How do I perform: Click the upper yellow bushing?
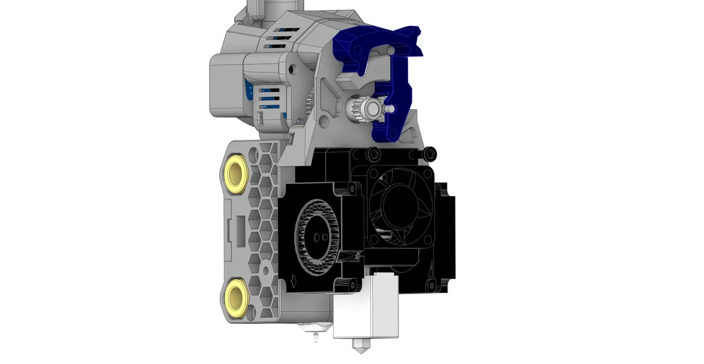pos(236,173)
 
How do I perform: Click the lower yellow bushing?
pos(236,295)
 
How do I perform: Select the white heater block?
pos(367,309)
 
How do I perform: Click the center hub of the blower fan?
pos(318,238)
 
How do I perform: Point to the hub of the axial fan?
pos(400,203)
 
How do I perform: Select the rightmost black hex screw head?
pos(431,153)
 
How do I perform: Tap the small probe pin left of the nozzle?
pos(315,336)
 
